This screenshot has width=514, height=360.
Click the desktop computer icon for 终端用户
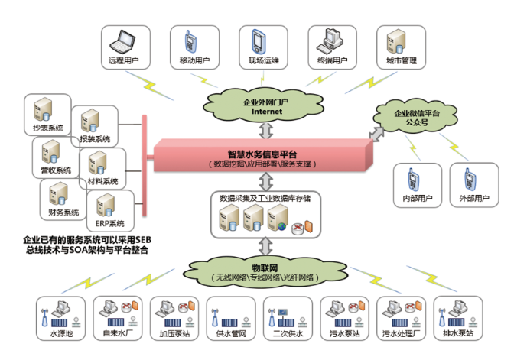[330, 40]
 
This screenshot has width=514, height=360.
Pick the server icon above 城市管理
[395, 39]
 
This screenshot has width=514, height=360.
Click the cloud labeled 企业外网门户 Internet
[262, 105]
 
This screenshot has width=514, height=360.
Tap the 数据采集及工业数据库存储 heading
[265, 198]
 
